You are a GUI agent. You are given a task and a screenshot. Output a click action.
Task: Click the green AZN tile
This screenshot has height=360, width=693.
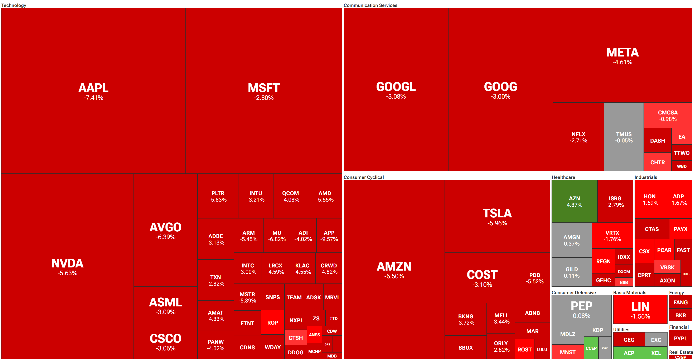[574, 201]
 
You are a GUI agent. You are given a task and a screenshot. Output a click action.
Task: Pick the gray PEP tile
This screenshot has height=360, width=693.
[581, 309]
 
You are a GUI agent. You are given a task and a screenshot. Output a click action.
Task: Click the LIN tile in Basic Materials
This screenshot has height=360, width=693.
[640, 310]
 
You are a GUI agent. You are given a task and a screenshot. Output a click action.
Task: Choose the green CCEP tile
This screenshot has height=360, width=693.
[591, 348]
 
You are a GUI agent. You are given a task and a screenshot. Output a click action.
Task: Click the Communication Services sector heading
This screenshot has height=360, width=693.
[370, 5]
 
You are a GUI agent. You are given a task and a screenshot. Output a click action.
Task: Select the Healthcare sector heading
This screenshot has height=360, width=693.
[563, 177]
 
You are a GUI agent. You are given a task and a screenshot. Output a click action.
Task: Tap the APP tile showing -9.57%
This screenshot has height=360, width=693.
[329, 236]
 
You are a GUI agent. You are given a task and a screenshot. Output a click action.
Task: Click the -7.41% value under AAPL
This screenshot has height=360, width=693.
[93, 98]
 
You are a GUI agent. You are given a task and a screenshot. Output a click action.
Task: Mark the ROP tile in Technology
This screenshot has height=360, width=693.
[272, 323]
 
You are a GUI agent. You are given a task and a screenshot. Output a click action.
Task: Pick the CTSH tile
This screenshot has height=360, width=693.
[295, 338]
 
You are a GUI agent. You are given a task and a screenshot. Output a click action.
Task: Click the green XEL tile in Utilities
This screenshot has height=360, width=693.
[656, 353]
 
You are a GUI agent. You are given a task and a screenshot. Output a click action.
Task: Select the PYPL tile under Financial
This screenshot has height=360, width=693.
[680, 339]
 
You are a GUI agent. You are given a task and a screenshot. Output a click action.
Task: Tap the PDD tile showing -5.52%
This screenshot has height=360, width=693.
[534, 278]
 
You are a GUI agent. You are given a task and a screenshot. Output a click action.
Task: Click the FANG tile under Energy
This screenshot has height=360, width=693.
[680, 302]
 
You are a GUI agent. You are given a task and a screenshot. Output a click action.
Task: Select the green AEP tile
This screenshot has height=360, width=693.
[629, 353]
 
